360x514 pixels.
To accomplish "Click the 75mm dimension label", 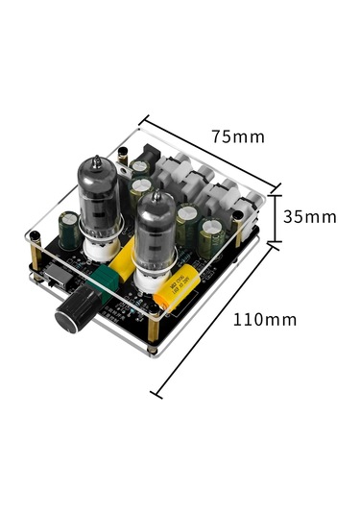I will tap(237, 135).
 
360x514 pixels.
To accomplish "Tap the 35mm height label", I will tap(309, 216).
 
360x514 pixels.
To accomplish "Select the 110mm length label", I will tap(265, 319).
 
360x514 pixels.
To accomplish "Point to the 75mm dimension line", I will tap(210, 155).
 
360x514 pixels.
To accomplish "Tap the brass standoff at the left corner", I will tap(36, 252).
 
